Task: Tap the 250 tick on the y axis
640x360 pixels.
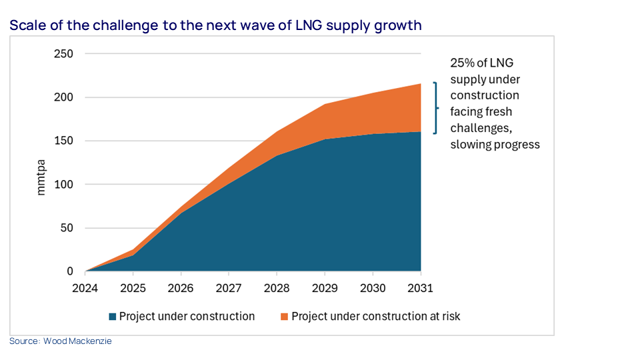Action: (63, 54)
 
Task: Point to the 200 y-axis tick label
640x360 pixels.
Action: (63, 97)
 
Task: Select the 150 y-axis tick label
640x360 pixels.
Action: (63, 141)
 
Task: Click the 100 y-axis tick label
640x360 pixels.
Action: (63, 185)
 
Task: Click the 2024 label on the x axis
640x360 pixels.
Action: (85, 288)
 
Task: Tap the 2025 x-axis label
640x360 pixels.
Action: (133, 288)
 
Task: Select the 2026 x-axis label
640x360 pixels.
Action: (181, 288)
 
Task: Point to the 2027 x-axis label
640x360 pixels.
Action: (229, 288)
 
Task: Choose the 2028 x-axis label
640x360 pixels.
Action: (277, 288)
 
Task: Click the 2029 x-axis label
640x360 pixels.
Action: (325, 288)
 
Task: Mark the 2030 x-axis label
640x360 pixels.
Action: (373, 288)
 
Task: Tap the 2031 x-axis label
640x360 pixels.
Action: (421, 288)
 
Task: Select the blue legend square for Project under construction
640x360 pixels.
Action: (113, 317)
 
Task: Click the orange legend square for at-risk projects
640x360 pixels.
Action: (285, 317)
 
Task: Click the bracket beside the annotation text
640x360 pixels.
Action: (435, 108)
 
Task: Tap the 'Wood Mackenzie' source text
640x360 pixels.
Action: (82, 341)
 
